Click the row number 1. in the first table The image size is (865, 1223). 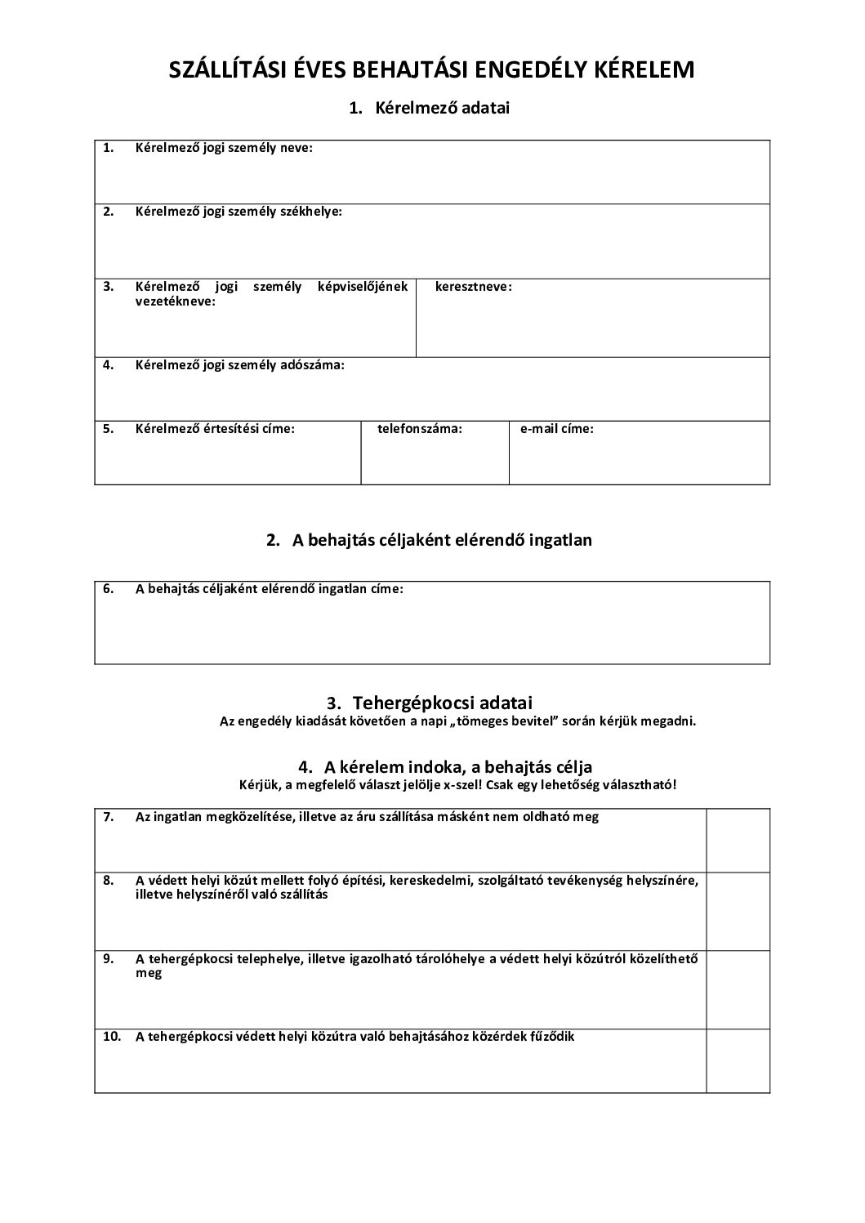[108, 148]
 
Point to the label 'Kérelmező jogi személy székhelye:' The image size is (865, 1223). [239, 212]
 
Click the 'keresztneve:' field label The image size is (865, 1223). [474, 287]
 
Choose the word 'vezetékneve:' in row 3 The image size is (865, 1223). [176, 301]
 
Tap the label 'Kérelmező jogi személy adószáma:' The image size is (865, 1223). [240, 365]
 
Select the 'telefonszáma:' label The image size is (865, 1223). [420, 428]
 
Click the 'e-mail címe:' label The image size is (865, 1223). [557, 428]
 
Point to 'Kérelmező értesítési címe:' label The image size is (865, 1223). [215, 428]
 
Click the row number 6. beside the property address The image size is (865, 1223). [108, 588]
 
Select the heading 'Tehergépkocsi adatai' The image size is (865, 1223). [442, 703]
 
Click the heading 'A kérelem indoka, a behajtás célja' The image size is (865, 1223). [458, 767]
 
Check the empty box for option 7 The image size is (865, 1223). [738, 841]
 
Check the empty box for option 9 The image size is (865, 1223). [738, 989]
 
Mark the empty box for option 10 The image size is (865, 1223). [738, 1060]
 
